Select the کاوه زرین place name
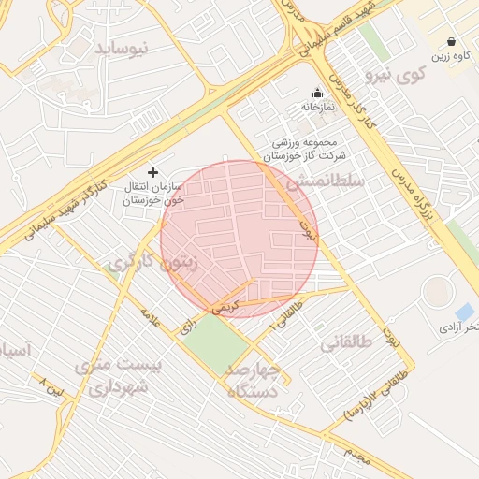tap(453, 56)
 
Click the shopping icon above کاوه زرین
tap(453, 41)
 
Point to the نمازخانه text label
tap(317, 107)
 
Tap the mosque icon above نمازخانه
tap(317, 93)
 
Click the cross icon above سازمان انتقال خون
tap(154, 172)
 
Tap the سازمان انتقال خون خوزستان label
tap(154, 194)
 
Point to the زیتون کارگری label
tap(152, 263)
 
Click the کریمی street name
tap(225, 305)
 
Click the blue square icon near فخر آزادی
tap(464, 312)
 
